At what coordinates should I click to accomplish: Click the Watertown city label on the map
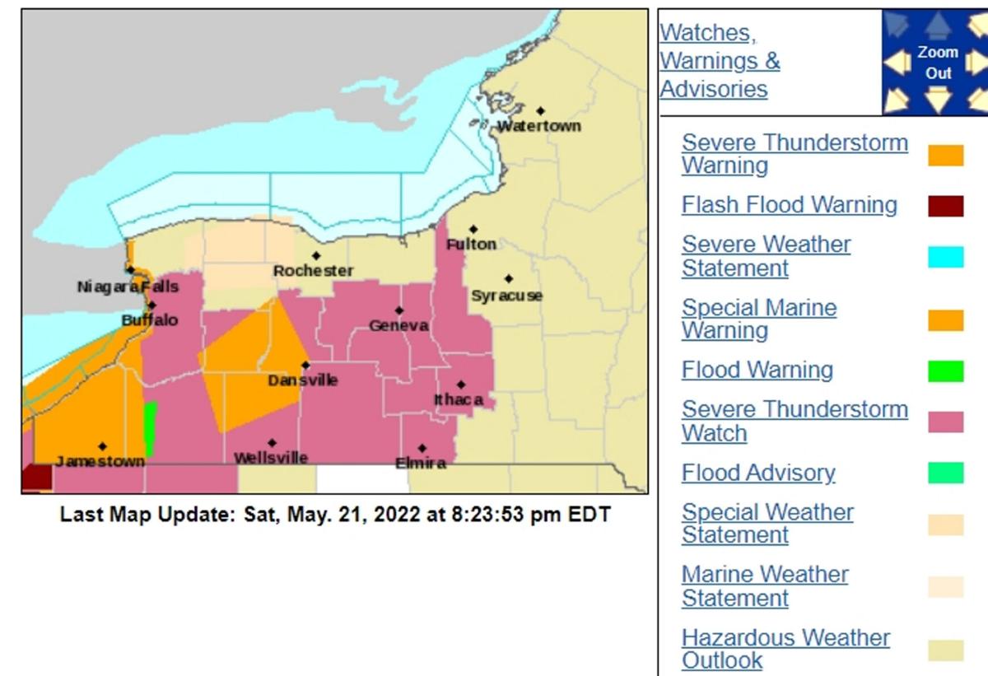539,126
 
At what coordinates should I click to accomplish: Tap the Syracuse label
506,296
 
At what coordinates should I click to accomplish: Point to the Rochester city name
313,271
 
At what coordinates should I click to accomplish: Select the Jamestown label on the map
100,462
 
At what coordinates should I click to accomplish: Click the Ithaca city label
459,400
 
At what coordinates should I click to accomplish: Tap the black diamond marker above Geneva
399,310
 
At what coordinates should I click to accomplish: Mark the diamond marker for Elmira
422,449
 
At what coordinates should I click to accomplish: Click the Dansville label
303,380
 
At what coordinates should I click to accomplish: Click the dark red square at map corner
36,478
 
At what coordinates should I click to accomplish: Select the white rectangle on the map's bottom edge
362,478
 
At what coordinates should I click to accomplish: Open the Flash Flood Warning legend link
789,205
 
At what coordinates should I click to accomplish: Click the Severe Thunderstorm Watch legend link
795,421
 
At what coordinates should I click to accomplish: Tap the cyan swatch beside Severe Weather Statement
945,257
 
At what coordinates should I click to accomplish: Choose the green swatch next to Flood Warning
945,371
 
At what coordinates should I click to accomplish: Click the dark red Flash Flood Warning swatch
945,206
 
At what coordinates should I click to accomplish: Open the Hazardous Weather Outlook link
785,649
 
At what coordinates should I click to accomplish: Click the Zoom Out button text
938,63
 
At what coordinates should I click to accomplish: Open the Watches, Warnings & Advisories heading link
720,61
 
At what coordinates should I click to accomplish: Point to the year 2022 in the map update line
403,515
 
